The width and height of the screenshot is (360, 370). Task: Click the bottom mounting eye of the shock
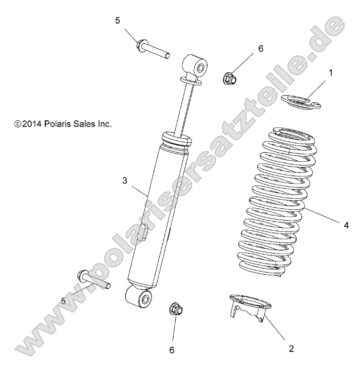(140, 297)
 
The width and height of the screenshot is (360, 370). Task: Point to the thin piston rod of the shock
(186, 109)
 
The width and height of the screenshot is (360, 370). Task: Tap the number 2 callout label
(291, 349)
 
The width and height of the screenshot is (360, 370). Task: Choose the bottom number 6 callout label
(172, 351)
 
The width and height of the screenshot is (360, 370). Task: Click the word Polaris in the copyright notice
(60, 124)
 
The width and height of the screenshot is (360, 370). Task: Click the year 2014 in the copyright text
(32, 124)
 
